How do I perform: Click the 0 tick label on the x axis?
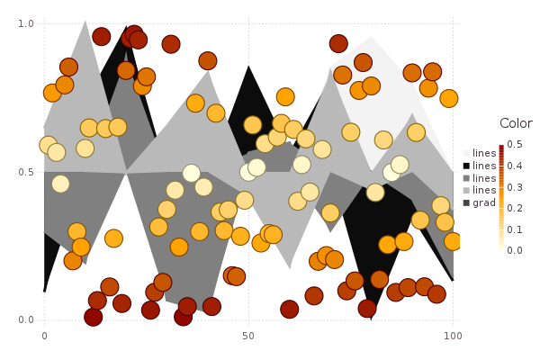(x=44, y=336)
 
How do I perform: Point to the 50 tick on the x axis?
(x=248, y=336)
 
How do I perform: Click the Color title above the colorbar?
(x=516, y=123)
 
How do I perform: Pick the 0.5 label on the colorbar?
(x=515, y=144)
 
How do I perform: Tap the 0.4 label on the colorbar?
(x=515, y=166)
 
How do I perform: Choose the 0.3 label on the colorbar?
(x=515, y=186)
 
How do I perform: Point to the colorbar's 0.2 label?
(x=515, y=208)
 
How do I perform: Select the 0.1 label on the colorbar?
(x=515, y=229)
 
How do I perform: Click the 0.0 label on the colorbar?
(x=515, y=250)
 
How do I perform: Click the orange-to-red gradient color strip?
(x=501, y=197)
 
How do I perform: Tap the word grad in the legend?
(x=484, y=202)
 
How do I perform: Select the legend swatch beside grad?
(x=466, y=202)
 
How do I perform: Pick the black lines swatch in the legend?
(x=466, y=166)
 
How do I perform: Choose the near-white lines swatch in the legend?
(x=466, y=153)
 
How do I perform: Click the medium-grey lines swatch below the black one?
(x=466, y=178)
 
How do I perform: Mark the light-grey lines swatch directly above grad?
(x=466, y=190)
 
